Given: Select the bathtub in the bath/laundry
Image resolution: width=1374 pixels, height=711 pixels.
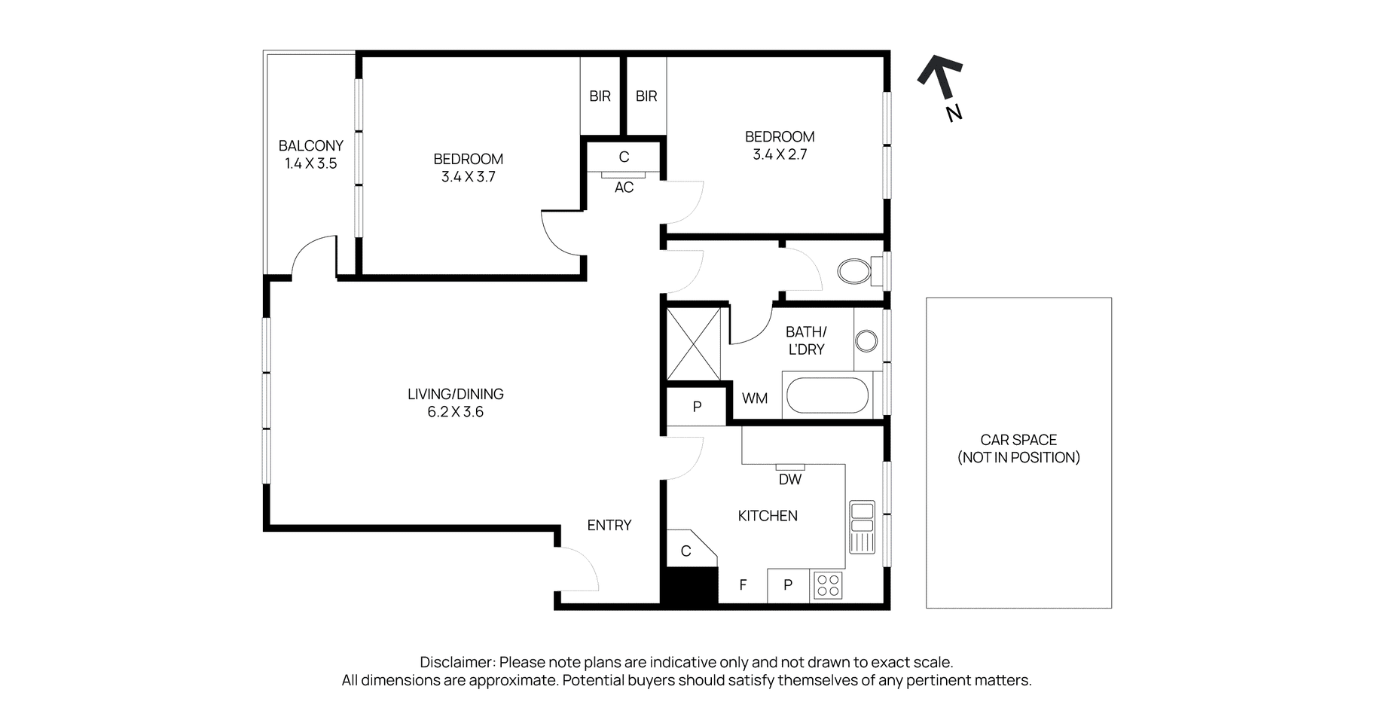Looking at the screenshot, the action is [x=827, y=395].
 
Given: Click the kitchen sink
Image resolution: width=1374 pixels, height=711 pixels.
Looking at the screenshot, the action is [x=862, y=526].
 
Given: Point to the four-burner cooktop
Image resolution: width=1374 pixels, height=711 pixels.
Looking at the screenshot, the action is [x=828, y=585].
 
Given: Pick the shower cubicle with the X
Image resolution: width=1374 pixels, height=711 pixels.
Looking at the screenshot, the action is [x=694, y=343].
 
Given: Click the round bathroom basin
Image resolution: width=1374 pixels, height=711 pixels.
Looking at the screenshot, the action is [x=866, y=341].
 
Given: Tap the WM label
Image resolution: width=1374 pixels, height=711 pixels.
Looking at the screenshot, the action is [x=755, y=398].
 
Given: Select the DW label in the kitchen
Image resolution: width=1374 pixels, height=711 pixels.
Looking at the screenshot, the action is [x=790, y=479].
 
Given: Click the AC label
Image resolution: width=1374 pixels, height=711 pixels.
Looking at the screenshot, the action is [x=624, y=188].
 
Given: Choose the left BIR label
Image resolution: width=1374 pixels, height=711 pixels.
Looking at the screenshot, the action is [x=600, y=96].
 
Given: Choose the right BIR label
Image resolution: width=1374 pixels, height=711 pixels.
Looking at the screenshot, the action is [x=646, y=96].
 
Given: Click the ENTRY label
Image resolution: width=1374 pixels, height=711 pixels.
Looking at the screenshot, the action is [x=609, y=526].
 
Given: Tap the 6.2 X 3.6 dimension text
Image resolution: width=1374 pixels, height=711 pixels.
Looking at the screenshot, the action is [x=455, y=412].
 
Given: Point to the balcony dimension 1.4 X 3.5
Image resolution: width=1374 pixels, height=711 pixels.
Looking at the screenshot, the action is [x=310, y=163].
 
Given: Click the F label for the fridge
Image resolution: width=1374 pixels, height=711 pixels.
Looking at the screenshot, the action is [x=743, y=585].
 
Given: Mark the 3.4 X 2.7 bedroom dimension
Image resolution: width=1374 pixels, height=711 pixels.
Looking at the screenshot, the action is [x=780, y=154].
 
